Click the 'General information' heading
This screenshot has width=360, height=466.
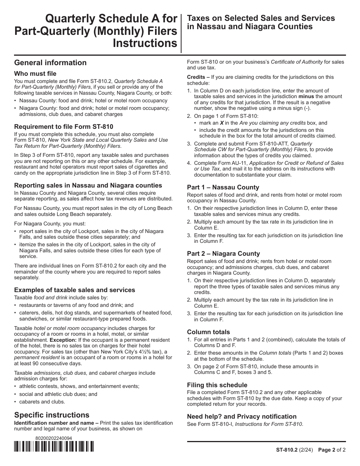[50, 63]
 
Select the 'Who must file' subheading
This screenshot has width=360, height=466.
[35, 73]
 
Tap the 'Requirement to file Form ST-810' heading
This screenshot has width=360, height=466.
[64, 127]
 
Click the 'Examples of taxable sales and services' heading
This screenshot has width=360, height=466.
[75, 290]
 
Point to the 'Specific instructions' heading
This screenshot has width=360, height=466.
[52, 414]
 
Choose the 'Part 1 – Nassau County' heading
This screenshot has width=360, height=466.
[223, 187]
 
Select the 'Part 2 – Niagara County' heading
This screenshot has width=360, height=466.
[224, 253]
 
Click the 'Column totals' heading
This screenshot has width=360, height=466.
[208, 332]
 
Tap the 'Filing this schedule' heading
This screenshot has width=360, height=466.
[217, 385]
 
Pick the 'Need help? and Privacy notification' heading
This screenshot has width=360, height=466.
[242, 416]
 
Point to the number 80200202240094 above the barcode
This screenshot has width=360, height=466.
[53, 438]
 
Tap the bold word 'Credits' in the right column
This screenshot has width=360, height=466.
[196, 77]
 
